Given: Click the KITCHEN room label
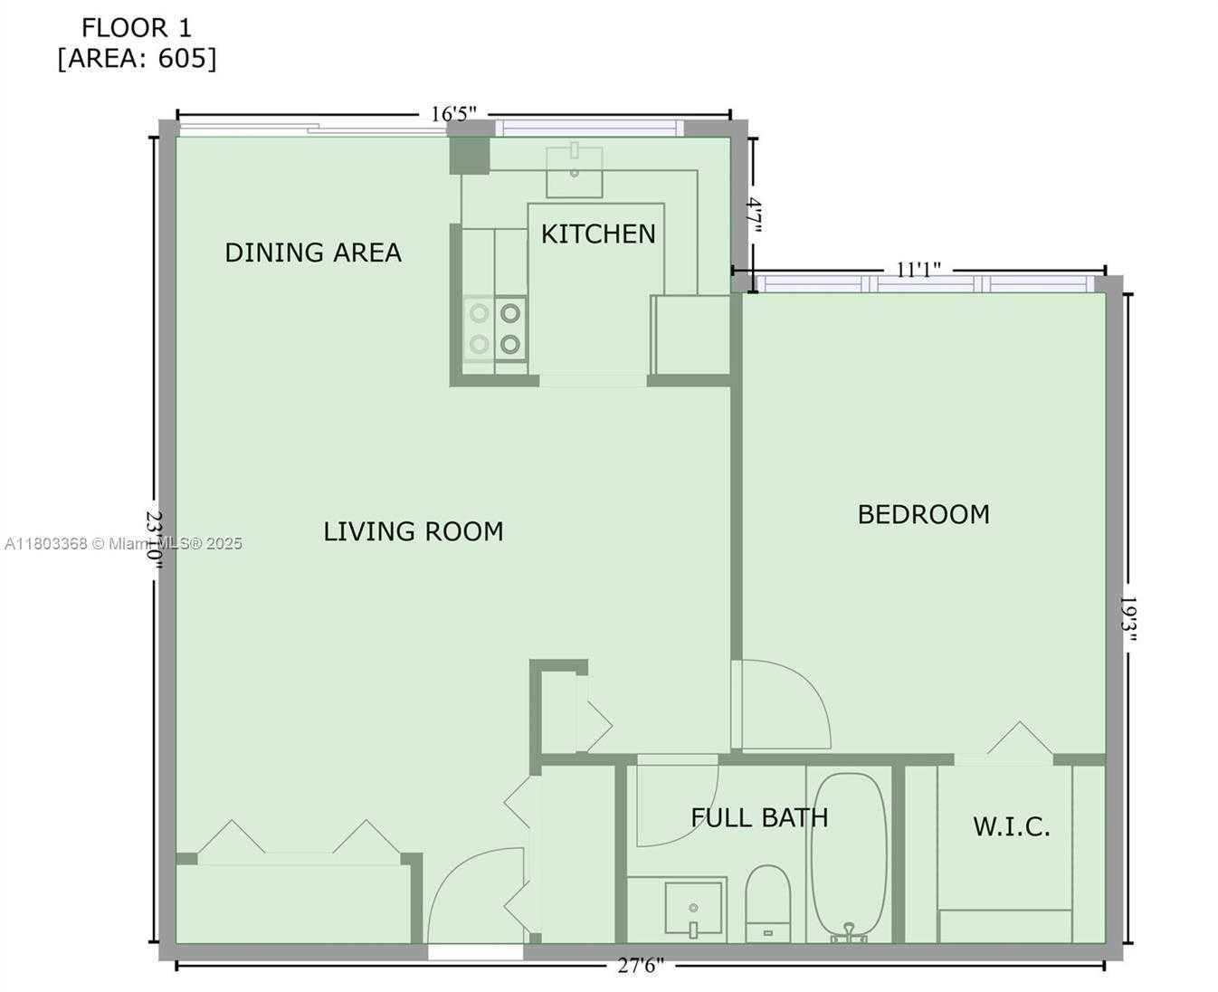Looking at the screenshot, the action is (598, 234).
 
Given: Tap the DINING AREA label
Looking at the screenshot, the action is (313, 253).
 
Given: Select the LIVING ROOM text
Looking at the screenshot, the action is (414, 531).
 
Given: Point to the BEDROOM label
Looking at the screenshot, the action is (924, 515).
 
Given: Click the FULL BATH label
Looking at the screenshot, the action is (759, 817).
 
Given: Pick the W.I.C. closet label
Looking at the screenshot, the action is (1012, 826).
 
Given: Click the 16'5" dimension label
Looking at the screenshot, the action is (453, 114).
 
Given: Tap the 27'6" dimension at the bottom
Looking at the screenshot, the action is (641, 966).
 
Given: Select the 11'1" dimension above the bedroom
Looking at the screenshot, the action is (918, 270).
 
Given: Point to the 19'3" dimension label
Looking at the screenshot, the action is (1128, 619).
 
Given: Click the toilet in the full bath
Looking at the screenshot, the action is (768, 903).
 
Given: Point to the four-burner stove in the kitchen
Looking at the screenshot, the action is (495, 329).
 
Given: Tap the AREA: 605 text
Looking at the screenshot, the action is (138, 58).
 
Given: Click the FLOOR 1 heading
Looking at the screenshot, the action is (137, 28).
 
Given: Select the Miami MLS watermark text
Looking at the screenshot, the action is (123, 544).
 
